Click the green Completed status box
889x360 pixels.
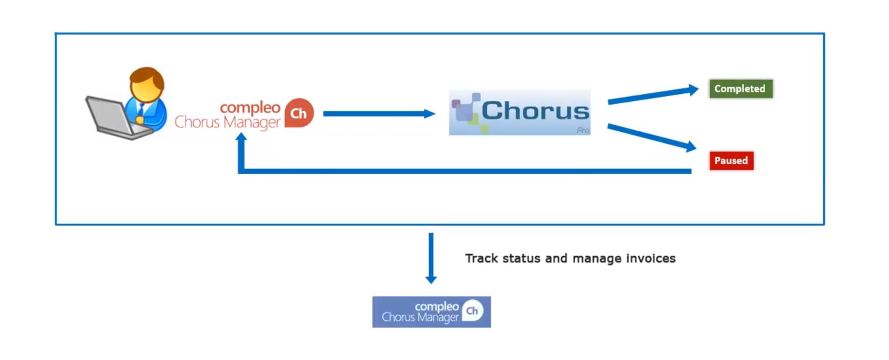pos(740,89)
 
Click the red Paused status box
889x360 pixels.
pos(731,161)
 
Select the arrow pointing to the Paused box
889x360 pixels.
pos(651,138)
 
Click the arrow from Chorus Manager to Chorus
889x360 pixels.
pos(378,113)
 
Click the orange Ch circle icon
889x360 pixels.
pos(299,113)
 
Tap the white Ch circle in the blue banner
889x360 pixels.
pos(472,311)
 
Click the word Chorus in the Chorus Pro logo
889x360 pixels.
pos(535,111)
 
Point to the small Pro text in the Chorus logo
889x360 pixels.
pos(582,130)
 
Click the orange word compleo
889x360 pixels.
pos(250,107)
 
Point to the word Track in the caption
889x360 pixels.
pos(481,258)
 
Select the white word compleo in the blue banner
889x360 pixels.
pos(437,306)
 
